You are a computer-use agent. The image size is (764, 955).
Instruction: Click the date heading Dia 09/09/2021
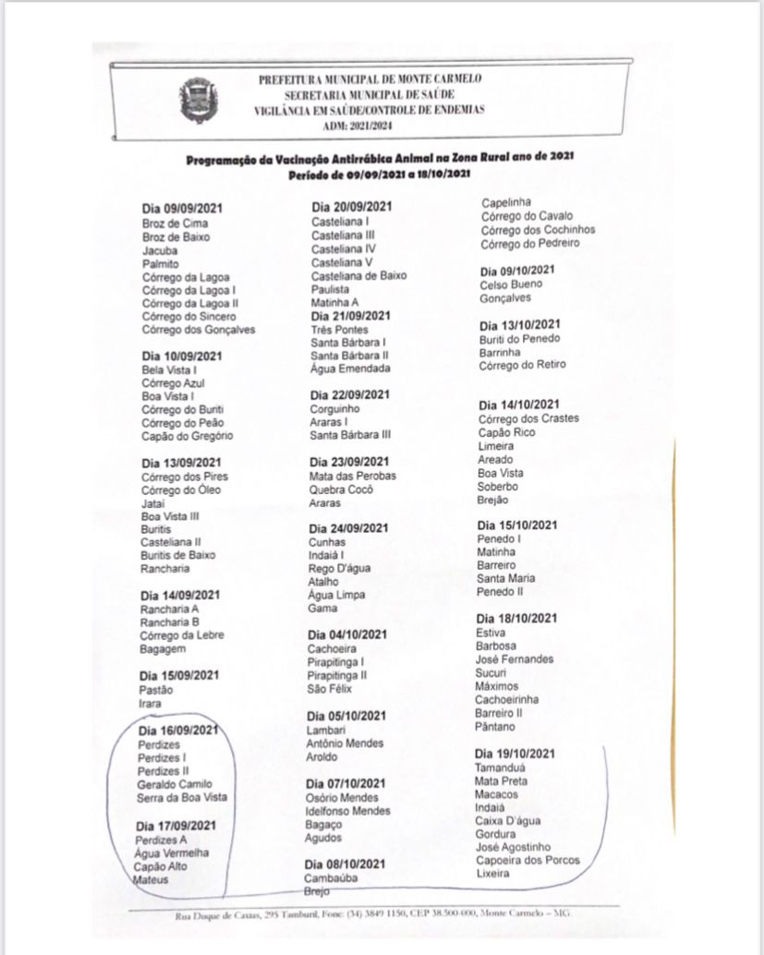182,209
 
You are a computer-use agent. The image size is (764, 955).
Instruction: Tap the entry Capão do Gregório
187,436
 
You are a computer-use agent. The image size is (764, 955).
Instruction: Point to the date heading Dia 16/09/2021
178,731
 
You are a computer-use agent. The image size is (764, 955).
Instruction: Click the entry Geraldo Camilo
174,783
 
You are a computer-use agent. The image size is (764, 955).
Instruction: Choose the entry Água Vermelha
172,853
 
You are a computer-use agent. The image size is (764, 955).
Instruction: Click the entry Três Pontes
339,329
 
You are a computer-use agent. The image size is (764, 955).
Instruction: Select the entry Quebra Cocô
341,490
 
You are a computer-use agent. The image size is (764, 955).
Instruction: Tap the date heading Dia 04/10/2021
348,635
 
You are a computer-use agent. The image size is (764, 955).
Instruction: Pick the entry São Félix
329,688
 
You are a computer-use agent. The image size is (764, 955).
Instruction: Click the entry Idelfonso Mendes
347,810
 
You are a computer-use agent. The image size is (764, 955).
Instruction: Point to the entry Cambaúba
331,877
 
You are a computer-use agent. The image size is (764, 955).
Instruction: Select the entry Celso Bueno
511,284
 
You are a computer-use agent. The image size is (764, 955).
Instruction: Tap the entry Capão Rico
506,432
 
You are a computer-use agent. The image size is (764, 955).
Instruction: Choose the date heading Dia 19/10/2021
515,754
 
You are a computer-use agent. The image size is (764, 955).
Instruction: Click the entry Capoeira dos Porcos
528,860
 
